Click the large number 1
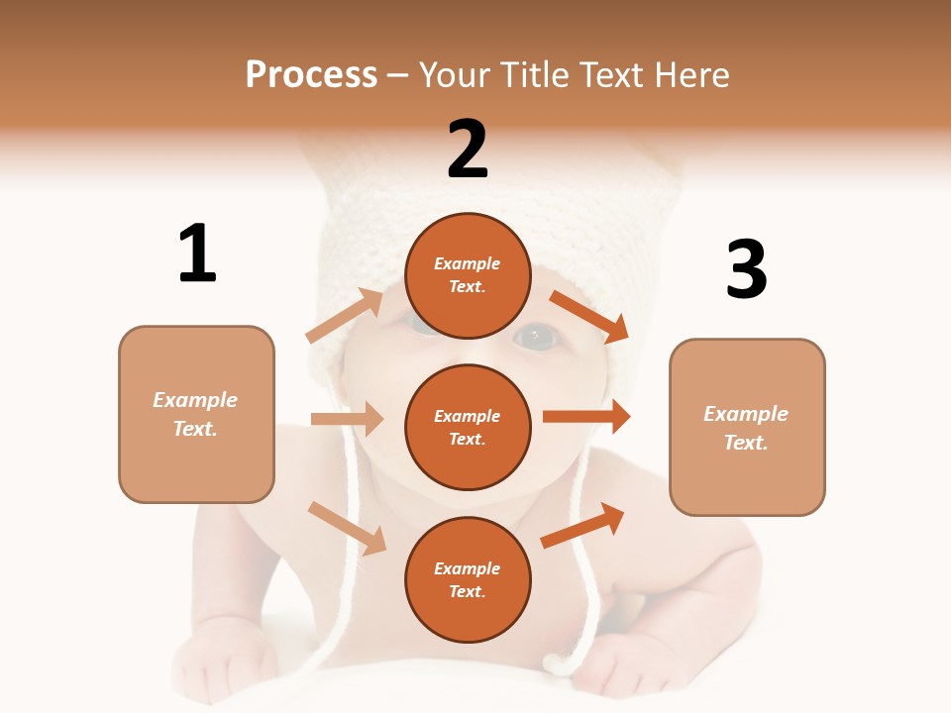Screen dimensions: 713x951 tap(197, 254)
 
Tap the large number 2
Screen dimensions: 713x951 tap(468, 150)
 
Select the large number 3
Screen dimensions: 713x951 tap(746, 269)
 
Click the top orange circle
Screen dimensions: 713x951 tap(468, 275)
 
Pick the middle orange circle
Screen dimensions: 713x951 tap(468, 428)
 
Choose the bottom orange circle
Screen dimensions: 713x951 tap(468, 580)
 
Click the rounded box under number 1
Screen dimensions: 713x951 tap(196, 414)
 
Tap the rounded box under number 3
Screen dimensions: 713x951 tap(747, 428)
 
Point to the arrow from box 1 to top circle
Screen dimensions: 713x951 tap(344, 316)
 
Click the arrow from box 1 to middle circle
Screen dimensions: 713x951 tap(347, 419)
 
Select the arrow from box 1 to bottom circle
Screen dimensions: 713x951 tap(347, 528)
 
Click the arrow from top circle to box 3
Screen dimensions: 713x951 tap(588, 317)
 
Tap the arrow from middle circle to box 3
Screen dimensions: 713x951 tap(585, 417)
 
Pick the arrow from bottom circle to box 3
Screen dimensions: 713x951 tap(582, 525)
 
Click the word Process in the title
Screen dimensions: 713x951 tap(311, 74)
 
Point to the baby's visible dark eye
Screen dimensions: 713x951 tap(536, 337)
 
